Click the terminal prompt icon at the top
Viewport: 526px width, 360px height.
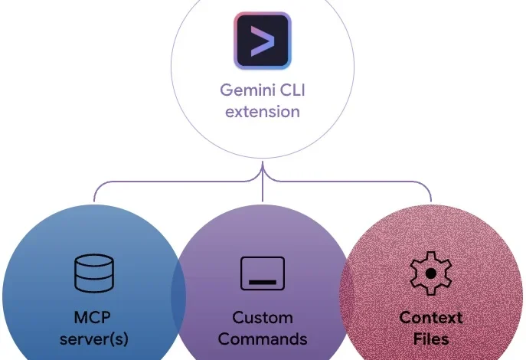pos(263,40)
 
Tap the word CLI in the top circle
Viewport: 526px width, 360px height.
pos(292,89)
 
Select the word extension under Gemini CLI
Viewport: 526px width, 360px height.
pos(263,111)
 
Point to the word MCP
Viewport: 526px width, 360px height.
pos(93,316)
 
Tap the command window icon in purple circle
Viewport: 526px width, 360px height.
pos(263,273)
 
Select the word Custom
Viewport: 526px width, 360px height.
pos(263,316)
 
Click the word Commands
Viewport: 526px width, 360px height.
pos(263,338)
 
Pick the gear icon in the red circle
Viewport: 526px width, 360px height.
pos(431,273)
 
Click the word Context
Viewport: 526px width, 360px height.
pos(431,316)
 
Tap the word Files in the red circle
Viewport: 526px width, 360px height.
pos(431,338)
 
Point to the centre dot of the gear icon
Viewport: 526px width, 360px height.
pos(431,273)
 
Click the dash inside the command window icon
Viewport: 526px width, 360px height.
pos(263,282)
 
